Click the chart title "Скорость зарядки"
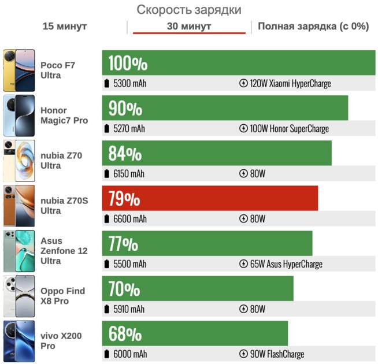click(189, 10)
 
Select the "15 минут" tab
click(65, 27)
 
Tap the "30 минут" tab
click(189, 27)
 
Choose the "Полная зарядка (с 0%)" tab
click(313, 27)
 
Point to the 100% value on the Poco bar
click(128, 63)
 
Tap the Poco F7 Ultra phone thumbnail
click(18, 70)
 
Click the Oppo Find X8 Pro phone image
click(18, 296)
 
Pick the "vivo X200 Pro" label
click(56, 340)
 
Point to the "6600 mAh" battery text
click(130, 219)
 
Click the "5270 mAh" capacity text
click(129, 129)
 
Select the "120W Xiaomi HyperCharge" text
click(290, 84)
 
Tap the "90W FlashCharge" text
click(277, 354)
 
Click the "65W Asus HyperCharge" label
click(286, 264)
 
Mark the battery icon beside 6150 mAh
click(106, 174)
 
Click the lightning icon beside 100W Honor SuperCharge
click(243, 129)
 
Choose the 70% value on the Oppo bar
click(124, 288)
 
